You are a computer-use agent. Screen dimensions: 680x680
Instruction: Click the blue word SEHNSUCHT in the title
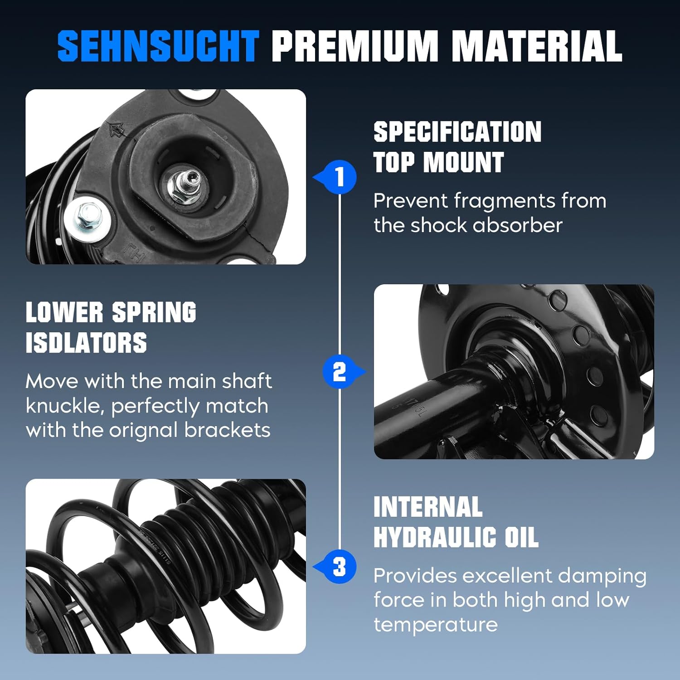tap(158, 46)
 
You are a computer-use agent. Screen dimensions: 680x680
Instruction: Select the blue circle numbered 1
tap(340, 177)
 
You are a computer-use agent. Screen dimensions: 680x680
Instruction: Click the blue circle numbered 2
tap(340, 372)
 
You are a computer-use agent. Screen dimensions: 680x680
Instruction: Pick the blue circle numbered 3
tap(340, 567)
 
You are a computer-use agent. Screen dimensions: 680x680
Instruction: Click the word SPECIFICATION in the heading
tap(457, 132)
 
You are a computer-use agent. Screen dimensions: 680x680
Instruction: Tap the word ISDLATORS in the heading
tap(86, 343)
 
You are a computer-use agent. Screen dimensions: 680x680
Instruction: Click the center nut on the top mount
tap(186, 186)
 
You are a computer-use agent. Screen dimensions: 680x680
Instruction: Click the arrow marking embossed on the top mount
tap(117, 130)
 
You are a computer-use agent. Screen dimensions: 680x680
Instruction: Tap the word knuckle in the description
tap(65, 406)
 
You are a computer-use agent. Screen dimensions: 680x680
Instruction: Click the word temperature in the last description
tap(435, 625)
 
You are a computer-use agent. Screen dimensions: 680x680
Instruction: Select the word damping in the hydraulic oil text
tap(602, 576)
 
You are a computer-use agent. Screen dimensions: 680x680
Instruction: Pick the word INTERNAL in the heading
tap(427, 507)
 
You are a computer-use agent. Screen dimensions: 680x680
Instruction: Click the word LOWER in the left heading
tap(64, 313)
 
